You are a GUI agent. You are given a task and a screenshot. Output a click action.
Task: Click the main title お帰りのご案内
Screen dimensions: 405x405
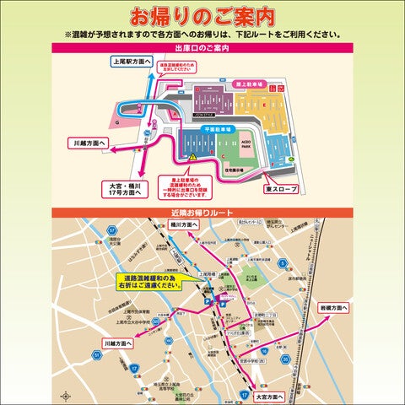pos(202,16)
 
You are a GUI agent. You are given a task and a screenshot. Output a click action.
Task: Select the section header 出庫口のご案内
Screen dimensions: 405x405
pos(202,48)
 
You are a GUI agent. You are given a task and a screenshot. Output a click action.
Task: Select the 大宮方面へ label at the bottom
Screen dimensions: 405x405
pos(273,394)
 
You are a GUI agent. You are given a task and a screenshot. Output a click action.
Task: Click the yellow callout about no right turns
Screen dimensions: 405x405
pos(148,282)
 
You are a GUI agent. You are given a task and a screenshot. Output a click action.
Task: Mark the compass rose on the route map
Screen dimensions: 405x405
pos(64,394)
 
